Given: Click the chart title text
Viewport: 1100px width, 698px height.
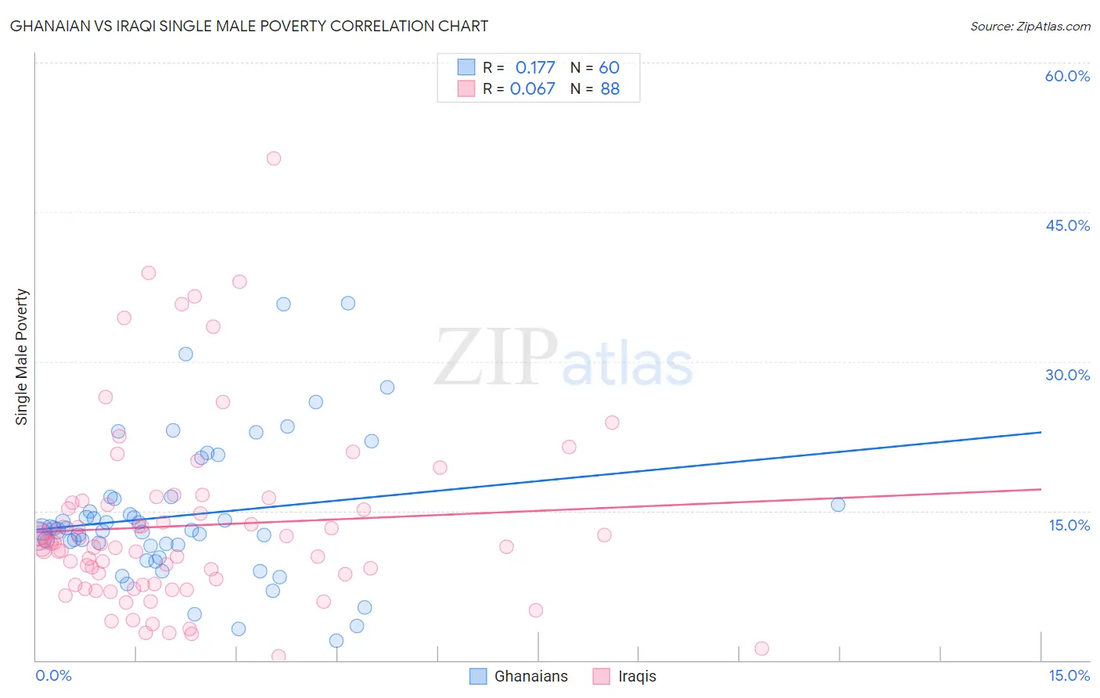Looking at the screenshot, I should (249, 27).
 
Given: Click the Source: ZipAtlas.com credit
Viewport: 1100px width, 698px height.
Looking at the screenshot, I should (1030, 27).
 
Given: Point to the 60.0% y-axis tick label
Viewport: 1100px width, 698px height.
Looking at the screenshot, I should (1067, 76).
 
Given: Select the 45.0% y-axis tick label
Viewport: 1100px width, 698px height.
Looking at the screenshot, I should (1067, 225).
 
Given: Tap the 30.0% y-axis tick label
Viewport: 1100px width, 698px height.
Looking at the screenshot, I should (1067, 375).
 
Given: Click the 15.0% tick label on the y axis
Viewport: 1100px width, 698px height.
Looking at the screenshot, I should (1069, 525).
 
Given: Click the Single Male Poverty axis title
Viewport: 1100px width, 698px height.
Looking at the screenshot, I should (22, 357).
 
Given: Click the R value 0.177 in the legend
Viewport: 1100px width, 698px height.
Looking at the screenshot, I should (535, 68).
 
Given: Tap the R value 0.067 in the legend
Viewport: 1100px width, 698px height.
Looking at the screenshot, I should (532, 89).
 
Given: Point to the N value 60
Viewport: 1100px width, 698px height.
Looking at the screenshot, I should (609, 68).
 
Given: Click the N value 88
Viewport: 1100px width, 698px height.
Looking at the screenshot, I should (609, 89).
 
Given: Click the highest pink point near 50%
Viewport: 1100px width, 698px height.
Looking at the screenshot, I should (274, 158).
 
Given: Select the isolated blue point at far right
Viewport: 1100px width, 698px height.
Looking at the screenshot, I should (838, 505).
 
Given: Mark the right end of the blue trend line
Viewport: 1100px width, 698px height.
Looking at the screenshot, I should (1041, 432).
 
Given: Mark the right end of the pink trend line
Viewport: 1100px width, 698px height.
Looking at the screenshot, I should (1041, 489).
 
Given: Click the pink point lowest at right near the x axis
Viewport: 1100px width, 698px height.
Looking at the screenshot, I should (761, 649).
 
